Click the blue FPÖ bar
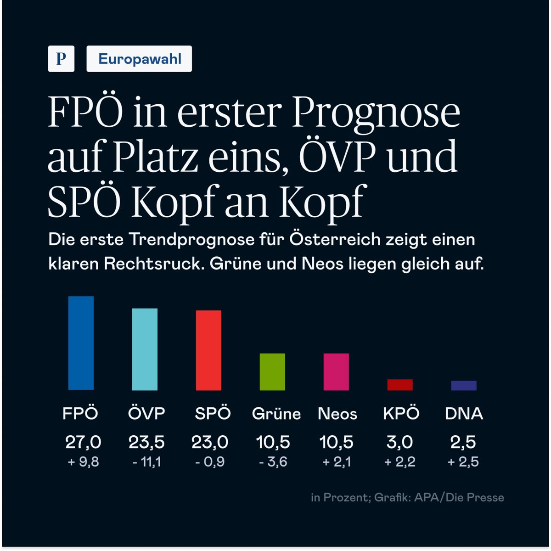(81, 343)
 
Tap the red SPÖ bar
(208, 350)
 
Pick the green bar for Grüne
(272, 372)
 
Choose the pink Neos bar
(336, 372)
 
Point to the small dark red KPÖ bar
(400, 385)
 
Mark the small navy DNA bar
(464, 386)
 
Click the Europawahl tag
(139, 59)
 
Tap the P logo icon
(61, 59)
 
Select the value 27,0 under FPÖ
(83, 442)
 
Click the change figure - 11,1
(146, 462)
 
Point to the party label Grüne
(276, 414)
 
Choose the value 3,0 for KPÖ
(399, 442)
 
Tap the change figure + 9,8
(83, 462)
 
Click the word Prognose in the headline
(376, 113)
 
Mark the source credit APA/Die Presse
(459, 497)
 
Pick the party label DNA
(464, 414)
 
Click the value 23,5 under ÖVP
(146, 442)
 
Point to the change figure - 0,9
(210, 462)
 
